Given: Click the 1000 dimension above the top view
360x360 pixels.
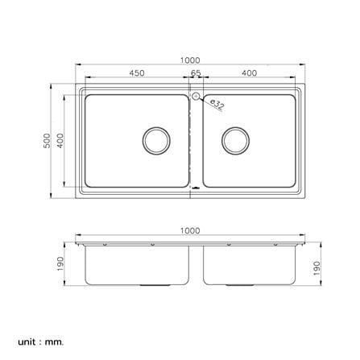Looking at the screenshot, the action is click(190, 60).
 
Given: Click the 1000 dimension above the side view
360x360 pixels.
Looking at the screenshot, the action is click(190, 230).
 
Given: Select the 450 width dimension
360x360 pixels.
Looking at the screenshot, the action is click(137, 73).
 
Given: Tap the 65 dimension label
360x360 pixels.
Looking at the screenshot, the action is click(196, 73).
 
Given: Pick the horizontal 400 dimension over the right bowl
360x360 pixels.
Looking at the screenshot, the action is click(250, 73).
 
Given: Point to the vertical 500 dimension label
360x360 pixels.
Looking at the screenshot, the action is click(47, 141).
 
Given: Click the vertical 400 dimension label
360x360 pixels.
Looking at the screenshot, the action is click(60, 141).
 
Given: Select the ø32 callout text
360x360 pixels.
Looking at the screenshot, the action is click(217, 105).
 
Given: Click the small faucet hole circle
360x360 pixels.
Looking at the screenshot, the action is click(197, 96).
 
